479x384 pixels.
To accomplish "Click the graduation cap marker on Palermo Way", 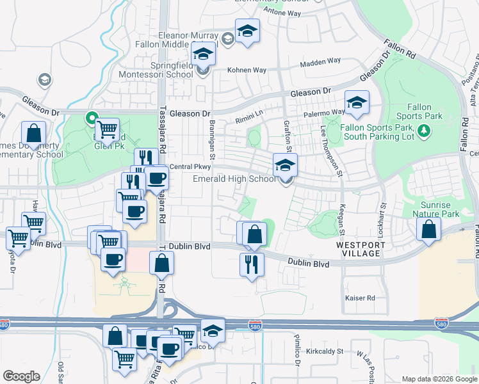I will pyautogui.click(x=357, y=102).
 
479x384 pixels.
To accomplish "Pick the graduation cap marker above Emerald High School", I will pyautogui.click(x=285, y=166).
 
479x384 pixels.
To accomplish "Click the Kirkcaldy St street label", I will pyautogui.click(x=325, y=351).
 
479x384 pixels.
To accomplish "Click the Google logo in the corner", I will pyautogui.click(x=21, y=376).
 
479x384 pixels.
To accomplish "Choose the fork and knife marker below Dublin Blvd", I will pyautogui.click(x=252, y=264).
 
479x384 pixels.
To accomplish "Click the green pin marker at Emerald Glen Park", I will pyautogui.click(x=91, y=118).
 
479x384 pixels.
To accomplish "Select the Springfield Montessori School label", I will pyautogui.click(x=154, y=70).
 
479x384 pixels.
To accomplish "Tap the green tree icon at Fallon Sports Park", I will pyautogui.click(x=423, y=131).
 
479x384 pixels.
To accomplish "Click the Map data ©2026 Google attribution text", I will pyautogui.click(x=439, y=379).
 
